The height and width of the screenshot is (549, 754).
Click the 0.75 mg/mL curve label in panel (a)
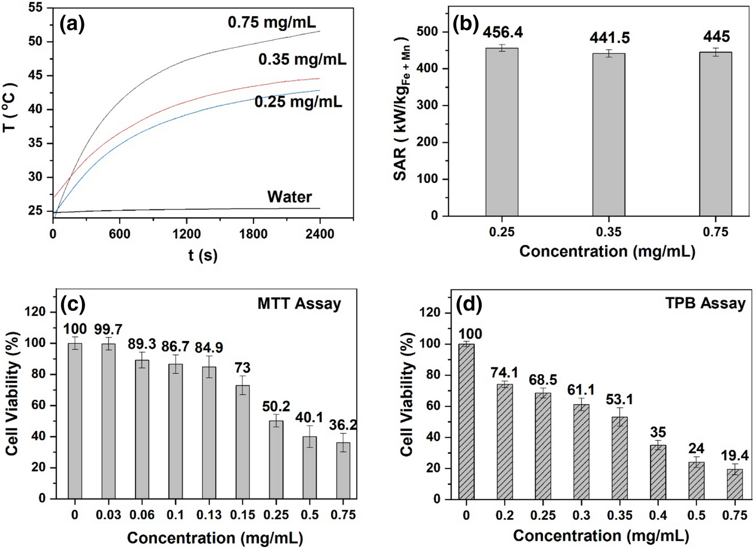[272, 23]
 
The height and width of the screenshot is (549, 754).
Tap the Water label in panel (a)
[289, 197]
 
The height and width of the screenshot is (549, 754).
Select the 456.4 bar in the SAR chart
[501, 132]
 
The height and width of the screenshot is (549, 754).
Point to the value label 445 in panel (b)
[716, 37]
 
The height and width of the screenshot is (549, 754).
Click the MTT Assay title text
[299, 304]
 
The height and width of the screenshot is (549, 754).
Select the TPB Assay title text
[705, 304]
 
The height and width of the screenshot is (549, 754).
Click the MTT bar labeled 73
[242, 442]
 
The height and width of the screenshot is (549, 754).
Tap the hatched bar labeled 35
[658, 472]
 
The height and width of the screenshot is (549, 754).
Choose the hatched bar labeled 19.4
[734, 484]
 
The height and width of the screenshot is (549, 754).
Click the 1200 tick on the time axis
[186, 234]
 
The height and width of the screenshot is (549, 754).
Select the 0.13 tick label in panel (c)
[209, 515]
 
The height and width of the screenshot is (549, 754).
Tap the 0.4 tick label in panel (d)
[658, 515]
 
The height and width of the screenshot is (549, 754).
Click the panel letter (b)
[465, 24]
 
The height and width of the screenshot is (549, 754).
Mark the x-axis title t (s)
[203, 255]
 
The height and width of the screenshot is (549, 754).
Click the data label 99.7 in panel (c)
[108, 329]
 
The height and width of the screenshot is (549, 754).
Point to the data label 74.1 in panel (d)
[505, 373]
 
